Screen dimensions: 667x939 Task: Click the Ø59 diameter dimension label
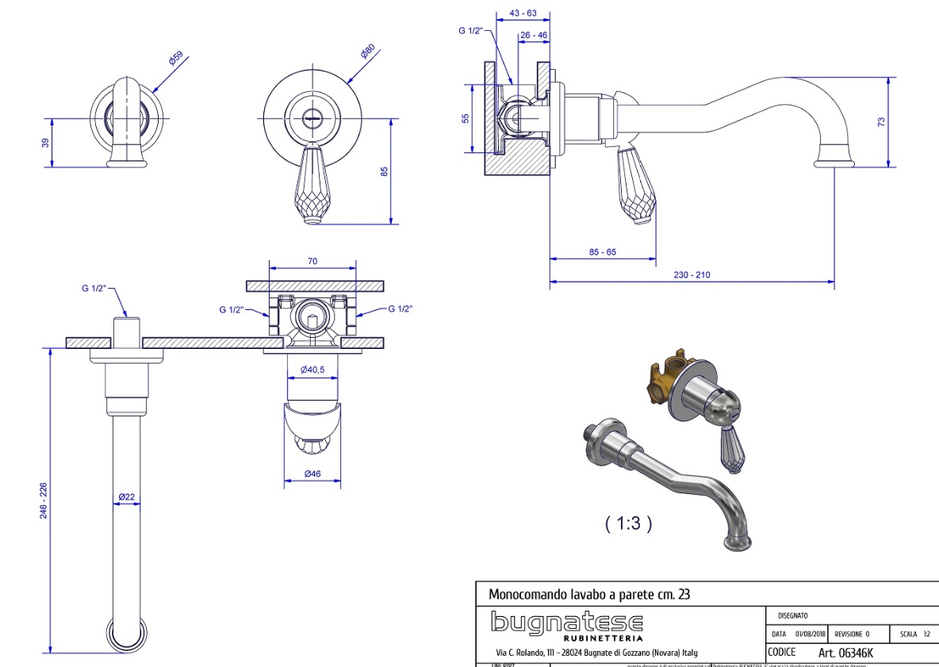click(176, 59)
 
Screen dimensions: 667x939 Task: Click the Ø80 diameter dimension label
click(367, 52)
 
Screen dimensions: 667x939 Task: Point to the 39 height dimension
click(46, 143)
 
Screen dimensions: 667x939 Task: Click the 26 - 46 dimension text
click(534, 35)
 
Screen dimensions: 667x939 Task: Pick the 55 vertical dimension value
click(466, 118)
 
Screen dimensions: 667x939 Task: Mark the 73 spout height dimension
click(881, 121)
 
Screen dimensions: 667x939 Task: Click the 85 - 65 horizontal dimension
click(602, 252)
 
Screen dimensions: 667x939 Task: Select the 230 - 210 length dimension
click(692, 274)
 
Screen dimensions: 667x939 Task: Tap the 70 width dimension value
click(312, 260)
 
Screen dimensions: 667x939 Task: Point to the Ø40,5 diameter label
click(312, 370)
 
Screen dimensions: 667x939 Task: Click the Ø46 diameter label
click(312, 474)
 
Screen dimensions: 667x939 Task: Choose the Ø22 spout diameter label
click(127, 497)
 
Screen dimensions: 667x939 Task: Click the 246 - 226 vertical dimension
click(44, 501)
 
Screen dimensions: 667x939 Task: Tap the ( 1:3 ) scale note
click(628, 523)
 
